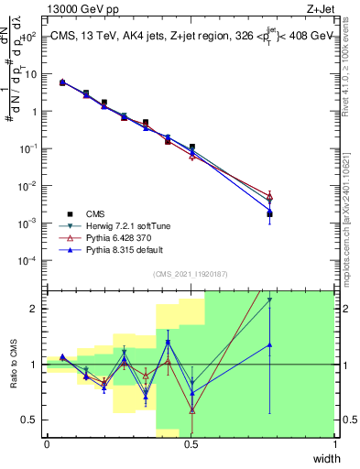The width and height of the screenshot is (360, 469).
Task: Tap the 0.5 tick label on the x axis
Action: coord(191,444)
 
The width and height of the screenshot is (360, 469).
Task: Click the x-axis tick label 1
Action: coord(335,444)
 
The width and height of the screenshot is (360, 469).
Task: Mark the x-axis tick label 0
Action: coord(47,444)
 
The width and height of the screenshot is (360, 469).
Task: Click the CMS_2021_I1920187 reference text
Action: coord(191,274)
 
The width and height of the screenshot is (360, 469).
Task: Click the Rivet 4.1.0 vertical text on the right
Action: coord(347,60)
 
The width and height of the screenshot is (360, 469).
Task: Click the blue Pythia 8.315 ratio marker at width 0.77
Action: coord(269,345)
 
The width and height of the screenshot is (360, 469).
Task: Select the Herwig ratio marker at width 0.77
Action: coord(269,300)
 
